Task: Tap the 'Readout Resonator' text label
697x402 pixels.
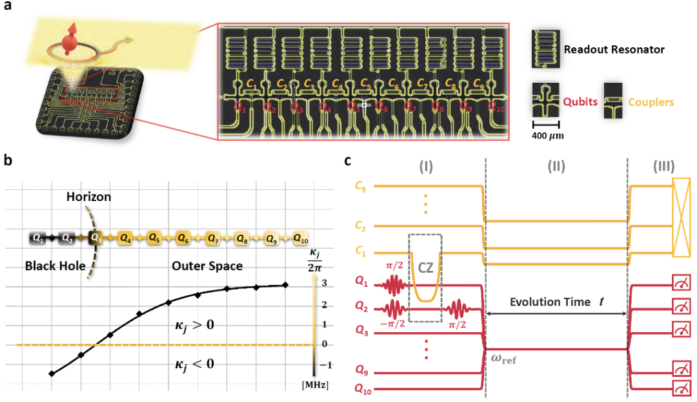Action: tap(613, 49)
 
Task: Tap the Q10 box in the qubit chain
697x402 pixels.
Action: tap(301, 238)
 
